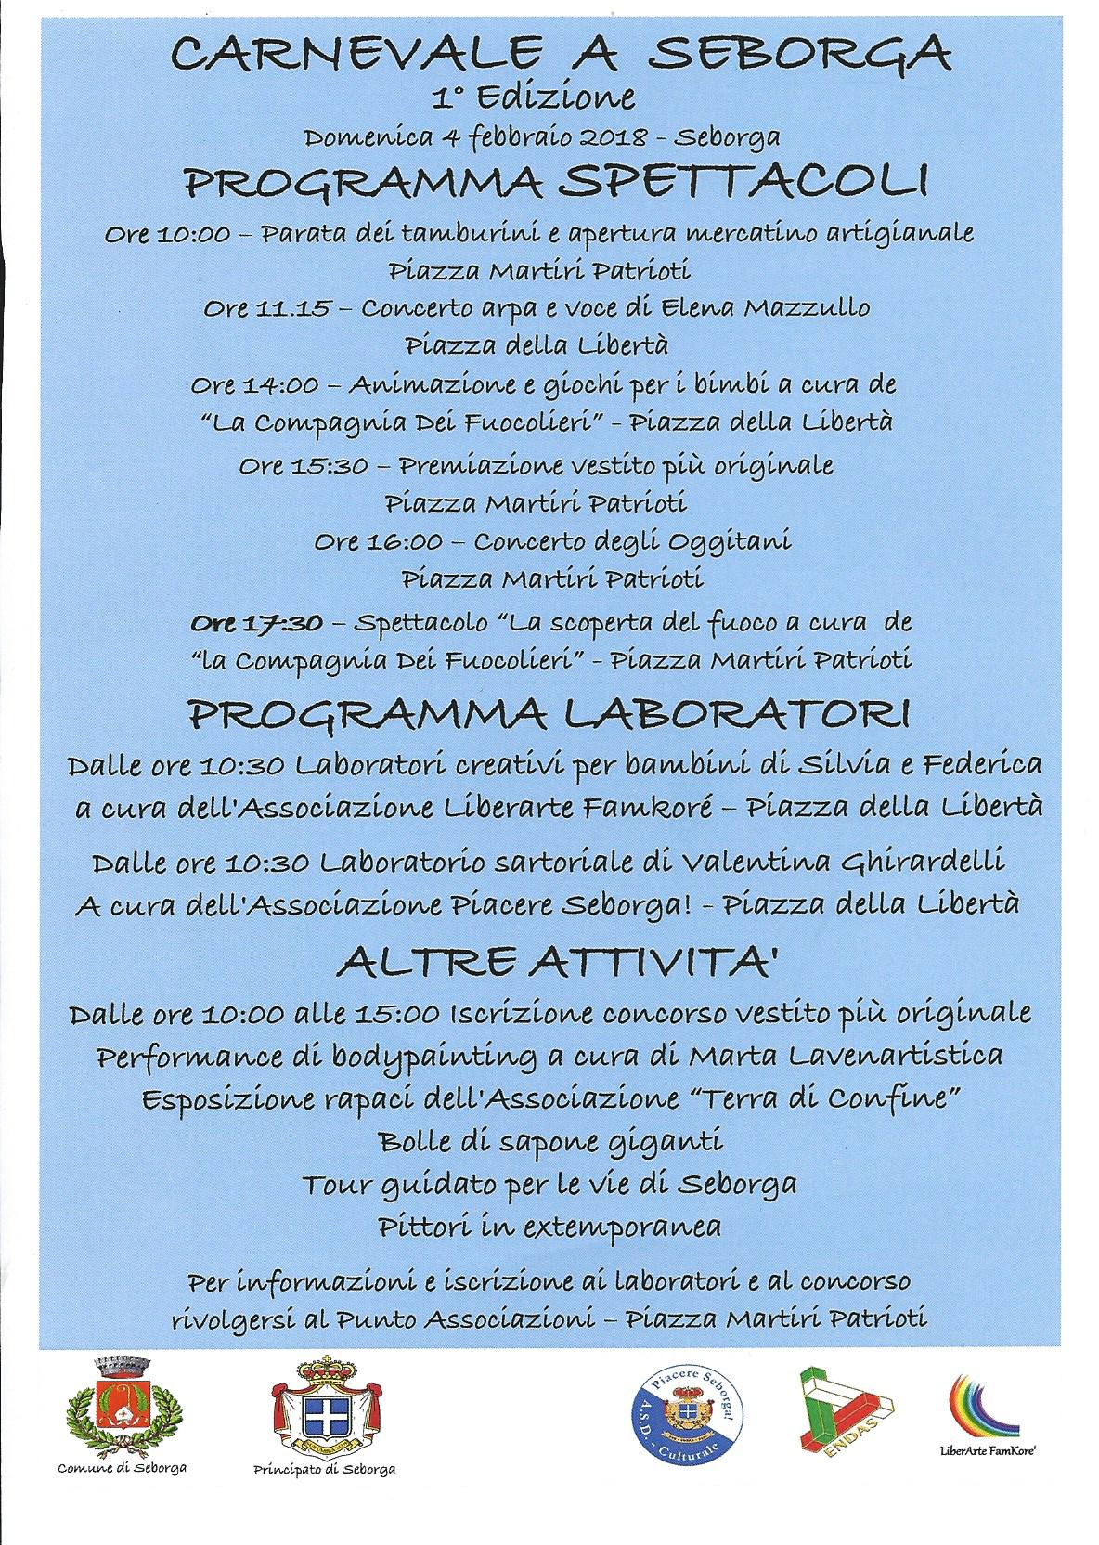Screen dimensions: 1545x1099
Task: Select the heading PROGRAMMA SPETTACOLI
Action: pyautogui.click(x=556, y=182)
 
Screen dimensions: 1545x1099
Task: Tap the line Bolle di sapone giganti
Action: pyautogui.click(x=550, y=1140)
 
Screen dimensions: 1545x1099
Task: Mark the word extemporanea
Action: pyautogui.click(x=630, y=1226)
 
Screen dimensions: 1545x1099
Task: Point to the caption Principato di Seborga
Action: pyautogui.click(x=325, y=1468)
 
